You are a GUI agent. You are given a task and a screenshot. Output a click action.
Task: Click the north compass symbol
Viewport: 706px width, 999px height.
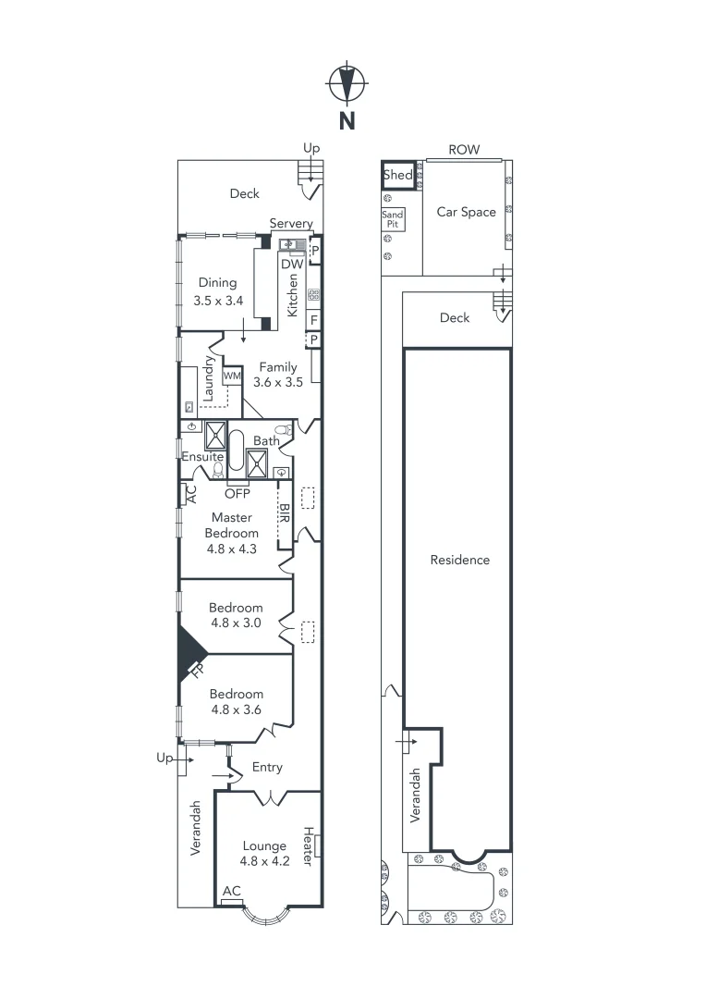[x=347, y=85]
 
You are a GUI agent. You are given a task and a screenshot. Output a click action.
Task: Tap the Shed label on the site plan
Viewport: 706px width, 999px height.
[x=397, y=175]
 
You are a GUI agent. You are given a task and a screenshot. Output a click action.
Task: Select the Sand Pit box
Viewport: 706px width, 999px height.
[x=393, y=219]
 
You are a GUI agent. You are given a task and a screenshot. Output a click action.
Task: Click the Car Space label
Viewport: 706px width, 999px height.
[x=466, y=212]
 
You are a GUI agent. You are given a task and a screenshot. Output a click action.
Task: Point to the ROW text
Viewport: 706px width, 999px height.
[x=464, y=150]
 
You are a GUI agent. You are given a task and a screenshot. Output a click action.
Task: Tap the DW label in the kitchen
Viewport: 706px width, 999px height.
[x=292, y=264]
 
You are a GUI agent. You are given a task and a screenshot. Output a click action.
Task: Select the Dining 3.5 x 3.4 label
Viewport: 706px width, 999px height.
[x=218, y=291]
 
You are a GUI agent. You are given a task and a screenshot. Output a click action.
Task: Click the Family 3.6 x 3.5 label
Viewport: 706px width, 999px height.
[x=277, y=374]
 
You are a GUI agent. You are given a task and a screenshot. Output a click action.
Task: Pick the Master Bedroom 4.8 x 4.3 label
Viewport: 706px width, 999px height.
[x=231, y=533]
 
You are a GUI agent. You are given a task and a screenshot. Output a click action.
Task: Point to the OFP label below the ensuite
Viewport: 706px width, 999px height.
[x=237, y=493]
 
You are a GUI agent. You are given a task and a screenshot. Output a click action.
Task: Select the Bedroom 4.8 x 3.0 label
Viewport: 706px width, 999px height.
[x=236, y=615]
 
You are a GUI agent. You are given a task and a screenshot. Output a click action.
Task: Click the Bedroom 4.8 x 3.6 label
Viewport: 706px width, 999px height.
[x=236, y=701]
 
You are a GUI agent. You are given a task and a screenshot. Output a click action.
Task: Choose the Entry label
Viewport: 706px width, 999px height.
[x=267, y=767]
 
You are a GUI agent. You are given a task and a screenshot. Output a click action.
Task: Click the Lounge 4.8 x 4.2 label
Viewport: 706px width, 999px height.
[x=264, y=853]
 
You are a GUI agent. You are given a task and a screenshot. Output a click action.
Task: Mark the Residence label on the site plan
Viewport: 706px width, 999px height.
[x=459, y=560]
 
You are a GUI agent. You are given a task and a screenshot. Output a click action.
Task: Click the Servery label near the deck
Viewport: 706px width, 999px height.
[x=291, y=224]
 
